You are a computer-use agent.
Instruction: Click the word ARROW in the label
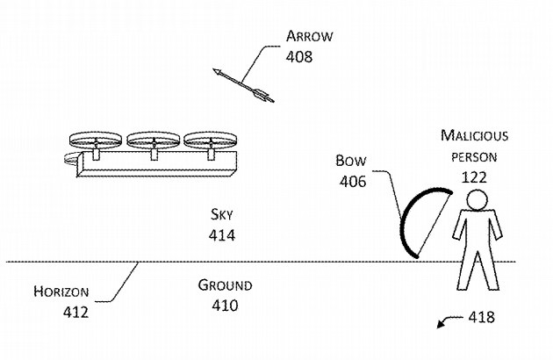pyautogui.click(x=309, y=36)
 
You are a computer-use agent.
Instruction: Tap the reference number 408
pyautogui.click(x=299, y=56)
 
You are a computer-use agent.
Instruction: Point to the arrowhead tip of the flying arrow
pyautogui.click(x=213, y=69)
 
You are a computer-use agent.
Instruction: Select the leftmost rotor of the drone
pyautogui.click(x=96, y=140)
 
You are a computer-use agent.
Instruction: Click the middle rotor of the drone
pyautogui.click(x=154, y=140)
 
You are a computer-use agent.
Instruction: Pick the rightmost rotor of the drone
pyautogui.click(x=211, y=140)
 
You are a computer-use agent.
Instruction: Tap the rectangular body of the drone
pyautogui.click(x=157, y=164)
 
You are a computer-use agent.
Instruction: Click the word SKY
pyautogui.click(x=222, y=214)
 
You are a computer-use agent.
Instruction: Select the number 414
pyautogui.click(x=222, y=235)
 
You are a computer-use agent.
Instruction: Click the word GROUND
pyautogui.click(x=225, y=284)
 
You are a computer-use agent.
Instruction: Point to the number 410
pyautogui.click(x=225, y=306)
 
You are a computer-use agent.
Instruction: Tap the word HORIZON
pyautogui.click(x=61, y=292)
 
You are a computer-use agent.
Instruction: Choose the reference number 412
pyautogui.click(x=75, y=312)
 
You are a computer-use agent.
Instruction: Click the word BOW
pyautogui.click(x=351, y=161)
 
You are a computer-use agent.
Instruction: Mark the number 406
pyautogui.click(x=353, y=182)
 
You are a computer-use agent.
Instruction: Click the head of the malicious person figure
pyautogui.click(x=477, y=200)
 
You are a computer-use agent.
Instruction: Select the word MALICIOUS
pyautogui.click(x=474, y=135)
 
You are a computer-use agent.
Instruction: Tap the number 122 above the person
pyautogui.click(x=474, y=177)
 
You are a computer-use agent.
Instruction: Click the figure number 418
pyautogui.click(x=481, y=317)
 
